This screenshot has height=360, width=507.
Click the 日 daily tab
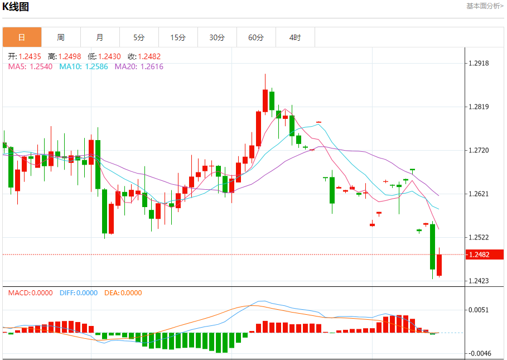coord(22,37)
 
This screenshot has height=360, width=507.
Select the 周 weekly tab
coord(61,37)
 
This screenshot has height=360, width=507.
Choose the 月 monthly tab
coord(100,37)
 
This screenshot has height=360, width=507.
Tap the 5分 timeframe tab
coord(139,37)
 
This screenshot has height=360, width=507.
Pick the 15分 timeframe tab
coord(178,37)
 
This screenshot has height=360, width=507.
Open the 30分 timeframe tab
coord(217,37)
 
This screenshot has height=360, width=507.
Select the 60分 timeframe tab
coord(256,37)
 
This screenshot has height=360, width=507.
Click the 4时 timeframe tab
coord(295,37)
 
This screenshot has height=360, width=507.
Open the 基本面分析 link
coord(485,6)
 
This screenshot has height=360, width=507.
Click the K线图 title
coord(16,7)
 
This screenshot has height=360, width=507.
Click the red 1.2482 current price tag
coord(480,255)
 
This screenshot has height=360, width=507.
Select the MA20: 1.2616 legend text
coord(139,66)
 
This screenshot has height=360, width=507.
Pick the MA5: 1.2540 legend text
coord(30,66)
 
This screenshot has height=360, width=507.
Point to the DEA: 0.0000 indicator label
coord(123,293)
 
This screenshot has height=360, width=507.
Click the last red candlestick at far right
coord(440,265)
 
